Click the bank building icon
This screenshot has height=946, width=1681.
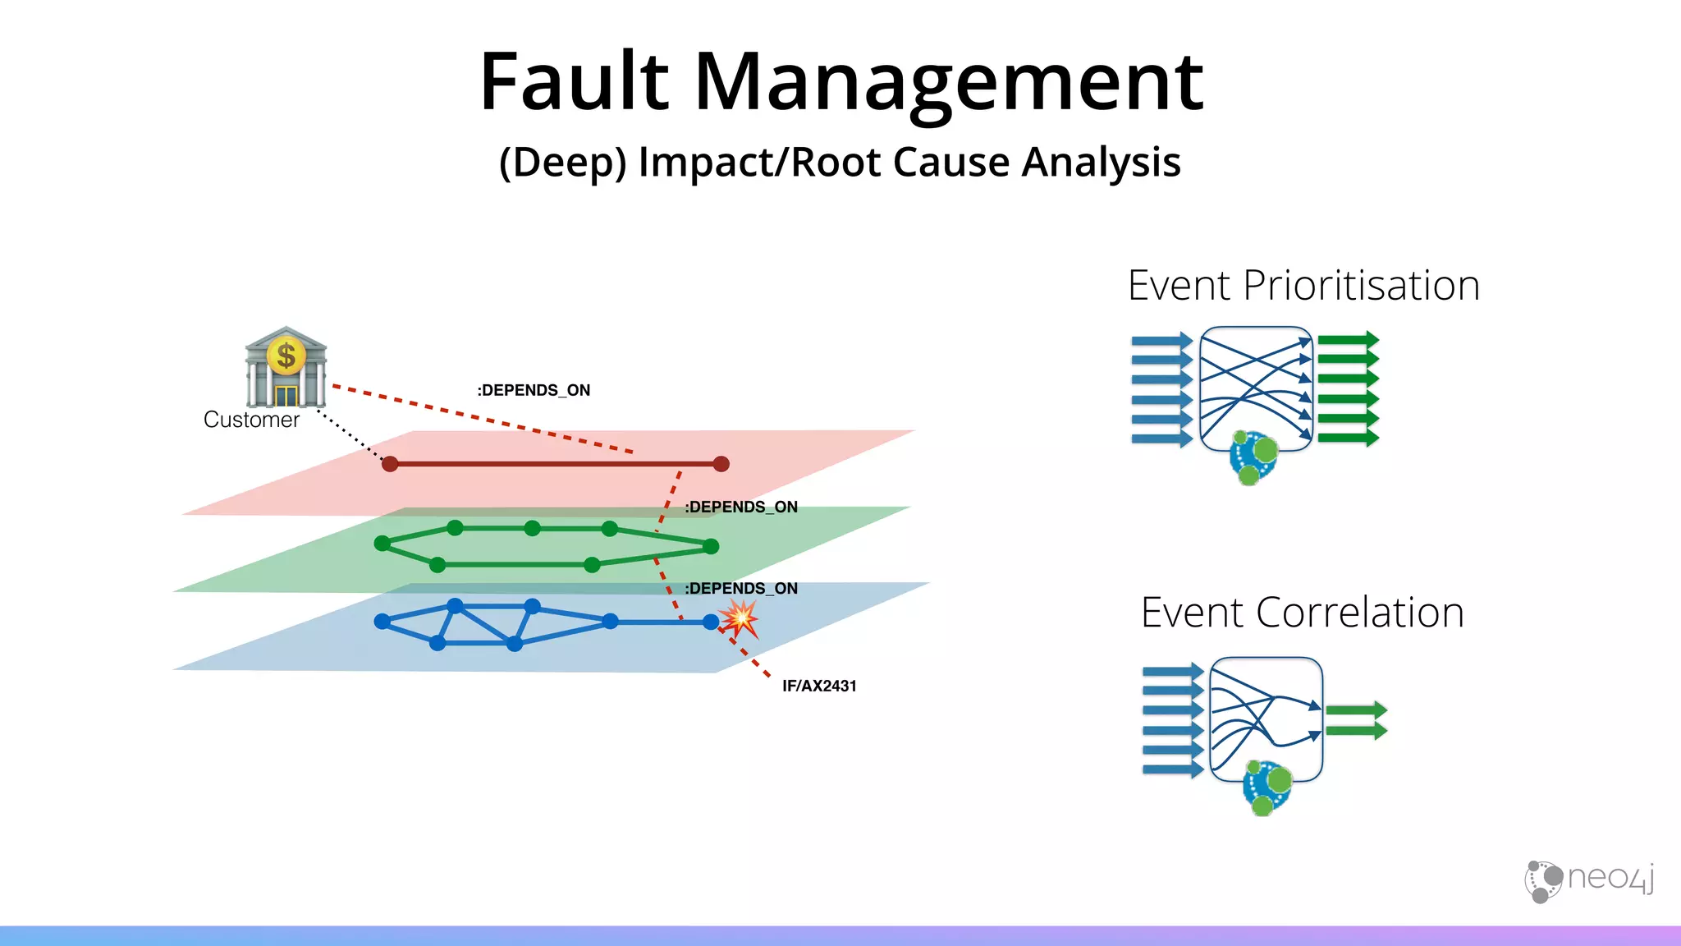286,366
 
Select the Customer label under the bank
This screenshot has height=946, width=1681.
251,420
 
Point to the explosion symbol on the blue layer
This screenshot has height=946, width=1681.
740,618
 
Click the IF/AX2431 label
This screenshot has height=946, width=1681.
819,686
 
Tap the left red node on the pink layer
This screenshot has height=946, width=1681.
391,464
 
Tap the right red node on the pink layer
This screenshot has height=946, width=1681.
721,464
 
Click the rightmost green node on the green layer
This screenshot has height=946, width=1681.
711,546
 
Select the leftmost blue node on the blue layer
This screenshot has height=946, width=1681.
382,622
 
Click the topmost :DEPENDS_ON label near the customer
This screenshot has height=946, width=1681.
534,390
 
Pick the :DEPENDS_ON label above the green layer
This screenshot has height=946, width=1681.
741,507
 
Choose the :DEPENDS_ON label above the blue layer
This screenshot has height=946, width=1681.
741,588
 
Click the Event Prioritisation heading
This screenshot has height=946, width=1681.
1303,286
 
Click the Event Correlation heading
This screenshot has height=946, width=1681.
1302,613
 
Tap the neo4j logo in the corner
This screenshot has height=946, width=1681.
1589,880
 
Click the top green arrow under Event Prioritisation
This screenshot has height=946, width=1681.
1348,340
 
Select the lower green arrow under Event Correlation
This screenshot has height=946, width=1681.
1356,729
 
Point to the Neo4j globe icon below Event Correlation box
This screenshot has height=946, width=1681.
1267,787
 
